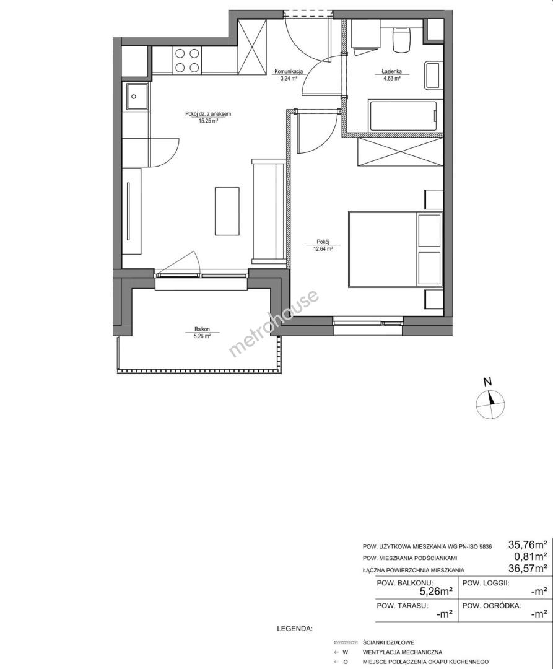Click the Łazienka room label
(392, 72)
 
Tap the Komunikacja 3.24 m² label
(289, 75)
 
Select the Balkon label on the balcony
(202, 330)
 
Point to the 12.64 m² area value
(323, 249)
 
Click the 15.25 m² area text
(209, 121)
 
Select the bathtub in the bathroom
(403, 116)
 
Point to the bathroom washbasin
(433, 76)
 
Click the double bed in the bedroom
(396, 249)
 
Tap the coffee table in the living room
(227, 211)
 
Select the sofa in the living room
(269, 211)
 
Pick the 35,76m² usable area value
(528, 545)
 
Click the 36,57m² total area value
(528, 568)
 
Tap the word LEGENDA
(295, 629)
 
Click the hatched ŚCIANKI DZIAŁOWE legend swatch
(346, 642)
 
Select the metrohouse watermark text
(274, 323)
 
